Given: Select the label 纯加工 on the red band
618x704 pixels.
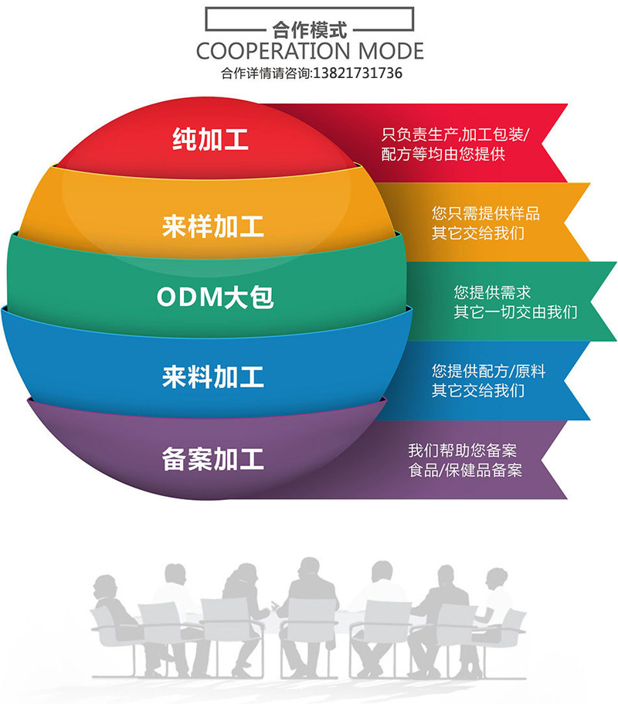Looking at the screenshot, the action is click(x=210, y=140).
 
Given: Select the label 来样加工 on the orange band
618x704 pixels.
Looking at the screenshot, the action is click(x=213, y=226).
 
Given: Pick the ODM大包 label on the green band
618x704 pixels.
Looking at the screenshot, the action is click(x=216, y=297).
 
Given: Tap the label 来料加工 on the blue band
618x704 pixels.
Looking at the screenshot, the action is click(x=213, y=377).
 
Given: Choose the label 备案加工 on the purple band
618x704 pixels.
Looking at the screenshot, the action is click(x=213, y=459).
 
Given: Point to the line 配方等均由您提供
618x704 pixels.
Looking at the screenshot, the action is click(x=443, y=155).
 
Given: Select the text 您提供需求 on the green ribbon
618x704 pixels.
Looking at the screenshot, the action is click(x=492, y=293).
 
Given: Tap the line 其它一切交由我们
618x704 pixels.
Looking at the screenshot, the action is click(x=515, y=313).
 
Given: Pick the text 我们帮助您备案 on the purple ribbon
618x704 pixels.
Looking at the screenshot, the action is click(x=462, y=450).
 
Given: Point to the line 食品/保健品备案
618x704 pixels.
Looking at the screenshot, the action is click(x=465, y=470).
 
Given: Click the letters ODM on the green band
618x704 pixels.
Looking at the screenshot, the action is click(x=185, y=297).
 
